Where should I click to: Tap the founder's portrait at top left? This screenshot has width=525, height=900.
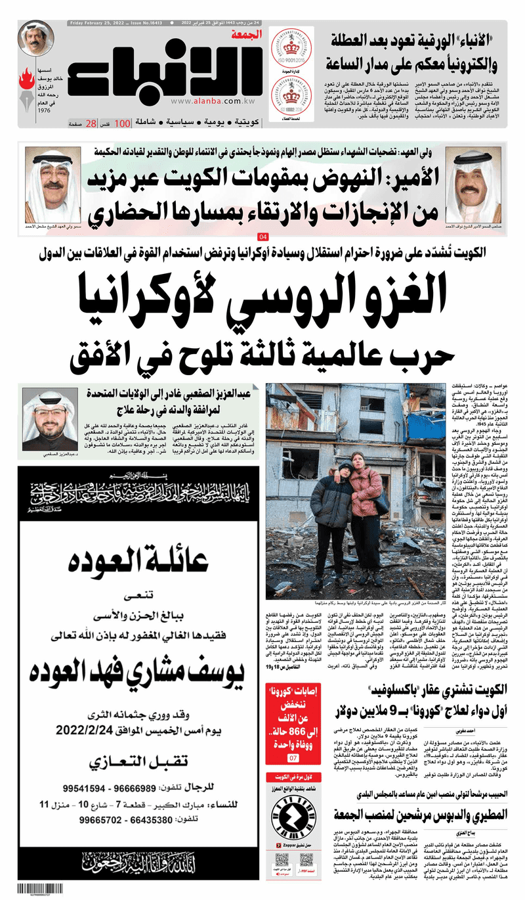(x=36, y=39)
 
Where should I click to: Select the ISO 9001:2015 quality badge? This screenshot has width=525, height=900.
(x=291, y=51)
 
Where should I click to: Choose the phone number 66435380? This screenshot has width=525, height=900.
(x=136, y=821)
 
